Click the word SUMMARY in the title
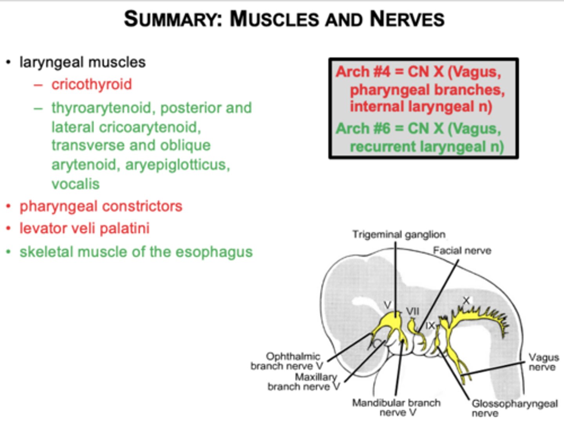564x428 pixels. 173,19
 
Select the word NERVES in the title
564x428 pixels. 407,19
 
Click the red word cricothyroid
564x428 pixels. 92,85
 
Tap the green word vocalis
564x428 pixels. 76,184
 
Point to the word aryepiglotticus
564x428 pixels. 177,165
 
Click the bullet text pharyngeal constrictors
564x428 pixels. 101,206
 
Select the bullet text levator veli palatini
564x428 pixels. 85,228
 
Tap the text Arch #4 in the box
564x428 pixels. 363,72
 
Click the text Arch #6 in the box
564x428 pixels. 363,129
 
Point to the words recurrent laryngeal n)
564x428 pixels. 427,147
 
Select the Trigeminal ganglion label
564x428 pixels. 399,234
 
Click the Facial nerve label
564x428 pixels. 462,250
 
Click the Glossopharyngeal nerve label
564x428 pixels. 514,408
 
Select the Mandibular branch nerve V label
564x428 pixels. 396,407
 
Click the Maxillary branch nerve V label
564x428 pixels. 304,382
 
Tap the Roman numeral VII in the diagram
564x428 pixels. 412,311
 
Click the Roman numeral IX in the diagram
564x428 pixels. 430,325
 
